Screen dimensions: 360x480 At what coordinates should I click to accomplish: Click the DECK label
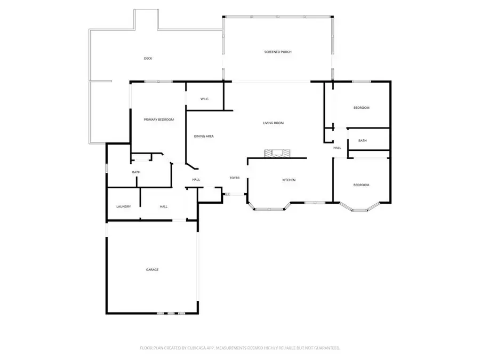point(148,58)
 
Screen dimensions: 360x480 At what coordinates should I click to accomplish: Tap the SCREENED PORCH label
point(278,52)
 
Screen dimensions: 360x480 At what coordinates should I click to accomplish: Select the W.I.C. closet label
point(204,99)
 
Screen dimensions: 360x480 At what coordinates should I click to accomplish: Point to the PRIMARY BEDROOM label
point(159,119)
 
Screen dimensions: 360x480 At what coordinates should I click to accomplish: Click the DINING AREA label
point(204,137)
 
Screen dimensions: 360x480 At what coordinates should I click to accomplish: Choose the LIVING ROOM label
point(273,123)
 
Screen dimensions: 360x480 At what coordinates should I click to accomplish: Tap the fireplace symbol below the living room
point(278,154)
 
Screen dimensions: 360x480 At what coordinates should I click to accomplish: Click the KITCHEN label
point(289,180)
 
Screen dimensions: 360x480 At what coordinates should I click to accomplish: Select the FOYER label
point(235,178)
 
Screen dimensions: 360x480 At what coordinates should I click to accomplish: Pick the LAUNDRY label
point(124,206)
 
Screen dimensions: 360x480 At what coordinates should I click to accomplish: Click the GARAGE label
point(152,270)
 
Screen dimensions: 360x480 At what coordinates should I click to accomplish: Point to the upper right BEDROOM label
point(361,108)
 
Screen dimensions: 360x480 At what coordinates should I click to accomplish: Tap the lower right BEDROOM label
point(361,185)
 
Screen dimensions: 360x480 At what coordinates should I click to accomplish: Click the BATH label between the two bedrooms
point(363,141)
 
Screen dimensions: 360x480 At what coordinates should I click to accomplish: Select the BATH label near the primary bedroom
point(136,172)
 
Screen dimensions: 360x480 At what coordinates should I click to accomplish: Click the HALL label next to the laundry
point(164,206)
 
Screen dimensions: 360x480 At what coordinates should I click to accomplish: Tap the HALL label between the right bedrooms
point(337,148)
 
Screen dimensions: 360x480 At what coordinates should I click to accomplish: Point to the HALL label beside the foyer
point(196,180)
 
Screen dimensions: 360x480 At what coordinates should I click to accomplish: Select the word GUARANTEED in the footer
point(325,348)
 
